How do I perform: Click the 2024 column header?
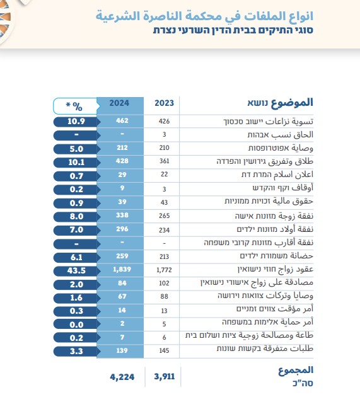click(119, 103)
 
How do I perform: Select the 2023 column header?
click(165, 103)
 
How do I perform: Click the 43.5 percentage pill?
click(76, 270)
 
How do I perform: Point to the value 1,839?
click(122, 269)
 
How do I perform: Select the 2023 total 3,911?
click(165, 377)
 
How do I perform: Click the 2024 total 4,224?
click(122, 377)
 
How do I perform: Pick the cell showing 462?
click(122, 120)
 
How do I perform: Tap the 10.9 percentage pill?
click(76, 122)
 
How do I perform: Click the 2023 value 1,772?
click(164, 270)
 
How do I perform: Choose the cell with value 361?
click(165, 161)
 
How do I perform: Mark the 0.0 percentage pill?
click(76, 325)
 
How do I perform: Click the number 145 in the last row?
click(165, 350)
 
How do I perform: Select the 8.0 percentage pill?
click(76, 217)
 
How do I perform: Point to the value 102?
click(165, 283)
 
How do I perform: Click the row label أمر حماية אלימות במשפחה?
click(267, 322)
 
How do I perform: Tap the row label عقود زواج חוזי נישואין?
click(276, 269)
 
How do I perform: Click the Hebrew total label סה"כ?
click(303, 383)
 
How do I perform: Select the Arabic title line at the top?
click(204, 16)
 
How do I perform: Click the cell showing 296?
click(122, 229)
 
